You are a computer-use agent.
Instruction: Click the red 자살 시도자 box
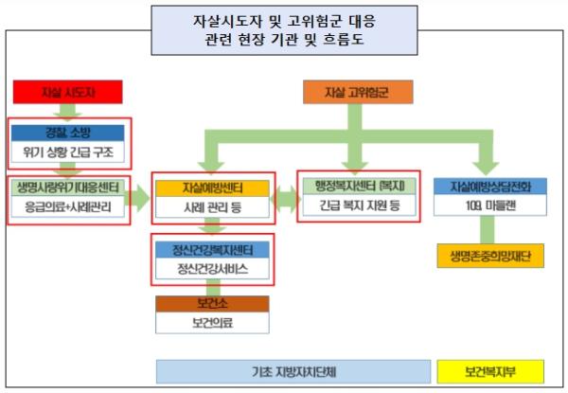coord(68,92)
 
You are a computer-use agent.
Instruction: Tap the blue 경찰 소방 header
coord(68,132)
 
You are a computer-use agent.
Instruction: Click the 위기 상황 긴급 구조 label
coord(68,151)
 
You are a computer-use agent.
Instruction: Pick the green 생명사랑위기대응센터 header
coord(68,187)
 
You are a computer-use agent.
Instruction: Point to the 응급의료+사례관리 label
coord(68,206)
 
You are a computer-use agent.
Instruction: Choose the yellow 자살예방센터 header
coord(212,188)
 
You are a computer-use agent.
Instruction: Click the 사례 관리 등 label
coord(212,206)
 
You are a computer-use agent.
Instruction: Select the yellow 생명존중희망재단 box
coord(490,256)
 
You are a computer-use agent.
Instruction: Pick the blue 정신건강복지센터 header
coord(212,249)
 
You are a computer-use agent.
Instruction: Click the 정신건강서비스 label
coord(212,269)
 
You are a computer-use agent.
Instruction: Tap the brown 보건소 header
coord(212,303)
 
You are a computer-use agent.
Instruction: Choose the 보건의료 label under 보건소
coord(212,323)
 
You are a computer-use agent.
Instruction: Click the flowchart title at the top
coord(283,31)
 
